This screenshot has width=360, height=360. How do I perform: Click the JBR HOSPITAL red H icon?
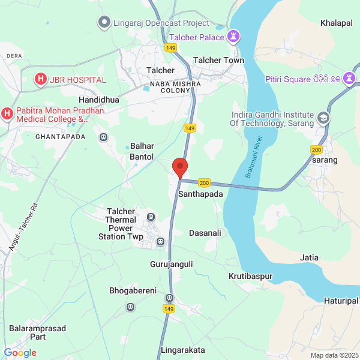40,79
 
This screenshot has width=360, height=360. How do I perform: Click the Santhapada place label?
200,195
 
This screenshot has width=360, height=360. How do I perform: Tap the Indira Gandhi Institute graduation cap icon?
324,118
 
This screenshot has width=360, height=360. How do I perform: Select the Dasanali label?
205,233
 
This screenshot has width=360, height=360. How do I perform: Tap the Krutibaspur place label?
251,276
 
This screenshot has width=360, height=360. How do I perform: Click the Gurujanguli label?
171,263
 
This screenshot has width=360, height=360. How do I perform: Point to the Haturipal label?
341,300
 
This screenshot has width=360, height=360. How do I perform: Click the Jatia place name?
309,257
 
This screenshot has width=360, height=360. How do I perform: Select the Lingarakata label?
183,350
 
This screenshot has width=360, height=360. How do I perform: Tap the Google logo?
20,353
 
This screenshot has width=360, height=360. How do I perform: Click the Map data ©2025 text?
334,355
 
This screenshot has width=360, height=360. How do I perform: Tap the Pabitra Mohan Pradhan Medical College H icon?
7,113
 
